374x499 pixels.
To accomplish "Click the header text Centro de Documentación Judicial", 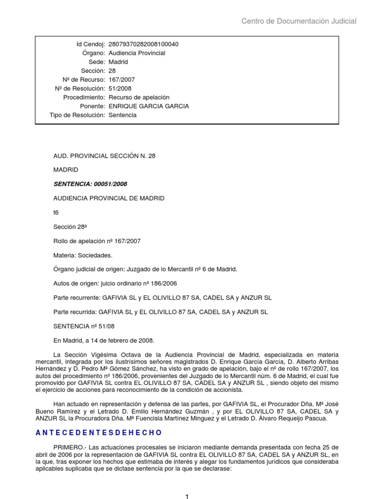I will pyautogui.click(x=299, y=21).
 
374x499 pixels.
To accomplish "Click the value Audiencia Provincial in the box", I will pyautogui.click(x=136, y=53).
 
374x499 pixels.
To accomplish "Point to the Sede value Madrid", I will pyautogui.click(x=118, y=62).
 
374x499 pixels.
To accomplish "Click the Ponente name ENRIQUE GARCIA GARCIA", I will pyautogui.click(x=148, y=106).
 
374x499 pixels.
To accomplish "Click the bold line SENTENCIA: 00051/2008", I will pyautogui.click(x=91, y=184).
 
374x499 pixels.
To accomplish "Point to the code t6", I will pyautogui.click(x=56, y=212).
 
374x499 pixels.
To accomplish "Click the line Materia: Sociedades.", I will pyautogui.click(x=82, y=255).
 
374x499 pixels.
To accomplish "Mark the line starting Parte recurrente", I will pyautogui.click(x=162, y=298).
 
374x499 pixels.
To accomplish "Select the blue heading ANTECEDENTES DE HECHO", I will pyautogui.click(x=98, y=433).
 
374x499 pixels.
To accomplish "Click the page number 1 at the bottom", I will pyautogui.click(x=187, y=496).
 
